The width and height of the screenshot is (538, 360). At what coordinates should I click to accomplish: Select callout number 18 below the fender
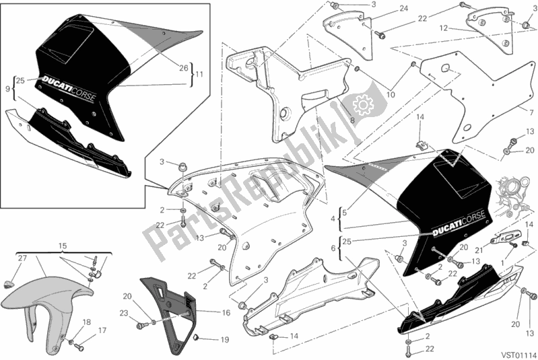[85, 322]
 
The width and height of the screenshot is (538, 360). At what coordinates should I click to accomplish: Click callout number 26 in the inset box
[184, 67]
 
